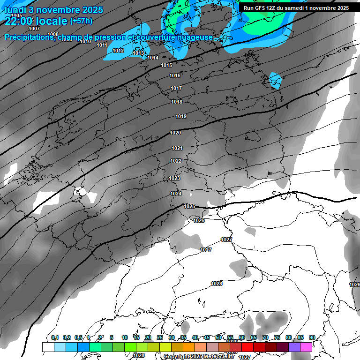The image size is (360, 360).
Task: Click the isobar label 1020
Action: pyautogui.click(x=175, y=133)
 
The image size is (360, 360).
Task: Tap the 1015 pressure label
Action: pyautogui.click(x=166, y=65)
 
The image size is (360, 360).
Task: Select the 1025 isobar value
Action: pyautogui.click(x=189, y=206)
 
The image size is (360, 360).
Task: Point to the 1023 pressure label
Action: pyautogui.click(x=175, y=178)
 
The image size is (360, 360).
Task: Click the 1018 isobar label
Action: pyautogui.click(x=177, y=102)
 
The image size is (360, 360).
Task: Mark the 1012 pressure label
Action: pyautogui.click(x=118, y=51)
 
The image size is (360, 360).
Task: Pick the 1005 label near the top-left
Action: pyautogui.click(x=16, y=15)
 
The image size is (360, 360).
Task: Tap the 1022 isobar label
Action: pyautogui.click(x=176, y=161)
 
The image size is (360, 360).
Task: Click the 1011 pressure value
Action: pyautogui.click(x=102, y=45)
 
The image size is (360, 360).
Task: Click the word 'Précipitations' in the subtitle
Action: pyautogui.click(x=29, y=37)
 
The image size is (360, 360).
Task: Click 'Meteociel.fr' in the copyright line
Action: pyautogui.click(x=218, y=357)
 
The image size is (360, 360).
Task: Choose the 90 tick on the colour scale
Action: pyautogui.click(x=312, y=337)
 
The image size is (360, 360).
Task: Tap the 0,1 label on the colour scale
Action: pyautogui.click(x=55, y=337)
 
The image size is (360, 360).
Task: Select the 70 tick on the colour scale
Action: pyautogui.click(x=265, y=337)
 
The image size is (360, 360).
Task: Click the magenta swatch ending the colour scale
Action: pyautogui.click(x=306, y=347)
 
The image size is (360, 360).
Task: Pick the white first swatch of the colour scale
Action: pyautogui.click(x=48, y=347)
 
